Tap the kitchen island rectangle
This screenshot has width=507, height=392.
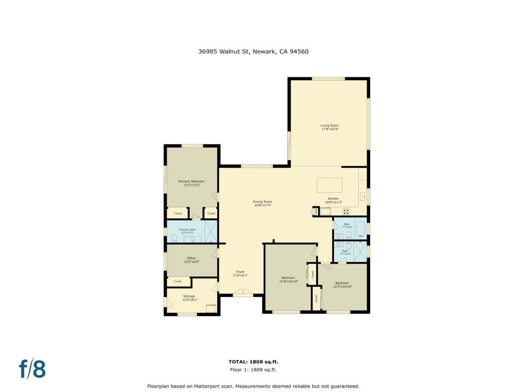pos(330,185)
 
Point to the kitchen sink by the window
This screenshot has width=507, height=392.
pos(363,196)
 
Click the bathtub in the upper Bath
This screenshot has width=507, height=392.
pos(360,229)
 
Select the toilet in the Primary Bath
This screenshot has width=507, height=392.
pos(174,238)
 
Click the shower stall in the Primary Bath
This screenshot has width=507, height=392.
pos(210,231)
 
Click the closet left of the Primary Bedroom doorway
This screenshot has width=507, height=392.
pos(177,214)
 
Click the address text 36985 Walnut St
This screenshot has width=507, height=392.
pos(223,51)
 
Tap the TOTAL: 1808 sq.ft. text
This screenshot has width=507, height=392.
pos(253,362)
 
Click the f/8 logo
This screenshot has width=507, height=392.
pos(32,369)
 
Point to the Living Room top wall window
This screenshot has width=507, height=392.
pos(328,78)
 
